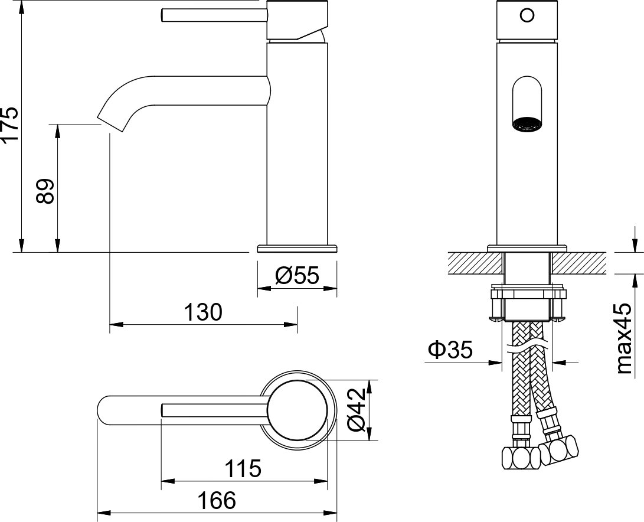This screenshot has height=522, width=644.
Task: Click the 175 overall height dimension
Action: (x=11, y=124)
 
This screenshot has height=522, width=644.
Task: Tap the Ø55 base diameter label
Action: (x=297, y=275)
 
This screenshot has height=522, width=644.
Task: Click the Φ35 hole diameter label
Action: (x=450, y=350)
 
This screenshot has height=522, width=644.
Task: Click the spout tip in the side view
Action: (x=112, y=121)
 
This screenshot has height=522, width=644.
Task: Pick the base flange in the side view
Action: (x=298, y=247)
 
